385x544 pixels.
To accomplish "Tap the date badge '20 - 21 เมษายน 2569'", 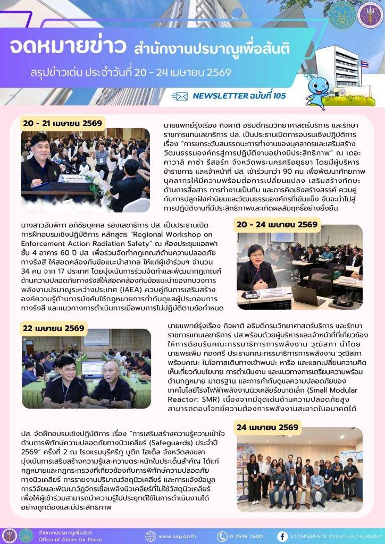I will pos(62,123).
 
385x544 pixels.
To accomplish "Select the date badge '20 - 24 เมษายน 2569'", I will pos(277,224).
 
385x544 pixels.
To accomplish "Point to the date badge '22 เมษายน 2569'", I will pos(53,328).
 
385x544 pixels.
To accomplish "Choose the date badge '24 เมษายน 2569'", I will pos(267,427).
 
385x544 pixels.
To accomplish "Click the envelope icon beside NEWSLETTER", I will pos(181,96).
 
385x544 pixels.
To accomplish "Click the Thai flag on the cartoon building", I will pos(364,65).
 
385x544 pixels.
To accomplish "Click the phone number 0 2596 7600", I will pos(246,536).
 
